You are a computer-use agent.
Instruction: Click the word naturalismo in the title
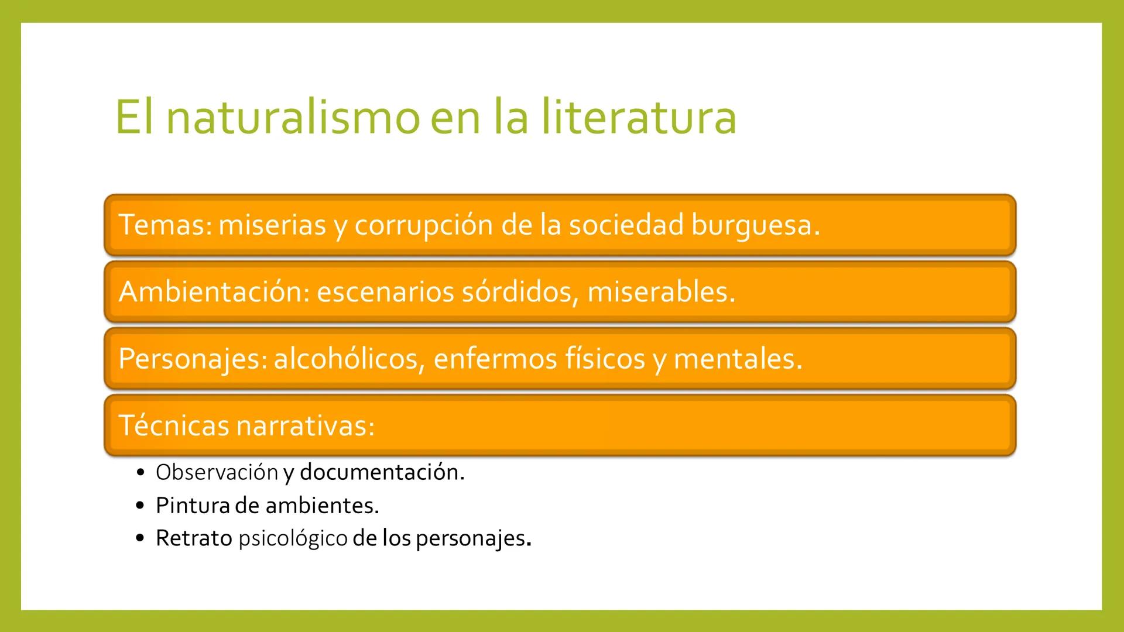tap(293, 117)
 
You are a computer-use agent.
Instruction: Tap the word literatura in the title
tap(638, 117)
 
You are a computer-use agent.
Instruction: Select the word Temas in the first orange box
tap(163, 225)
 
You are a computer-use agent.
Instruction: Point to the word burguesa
tap(755, 226)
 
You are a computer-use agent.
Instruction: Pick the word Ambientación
tap(213, 291)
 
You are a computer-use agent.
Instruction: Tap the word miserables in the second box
tap(660, 291)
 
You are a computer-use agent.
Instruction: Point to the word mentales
tap(737, 359)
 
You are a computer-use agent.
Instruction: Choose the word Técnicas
tap(173, 425)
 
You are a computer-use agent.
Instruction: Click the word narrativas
tap(304, 425)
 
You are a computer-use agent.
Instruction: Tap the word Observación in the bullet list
tap(217, 472)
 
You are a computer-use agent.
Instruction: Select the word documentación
tap(382, 472)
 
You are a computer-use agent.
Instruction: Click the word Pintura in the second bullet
tap(193, 506)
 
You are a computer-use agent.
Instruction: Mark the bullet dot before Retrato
tap(139, 538)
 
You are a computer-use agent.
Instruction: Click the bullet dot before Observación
tap(139, 472)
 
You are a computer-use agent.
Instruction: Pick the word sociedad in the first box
tap(626, 225)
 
